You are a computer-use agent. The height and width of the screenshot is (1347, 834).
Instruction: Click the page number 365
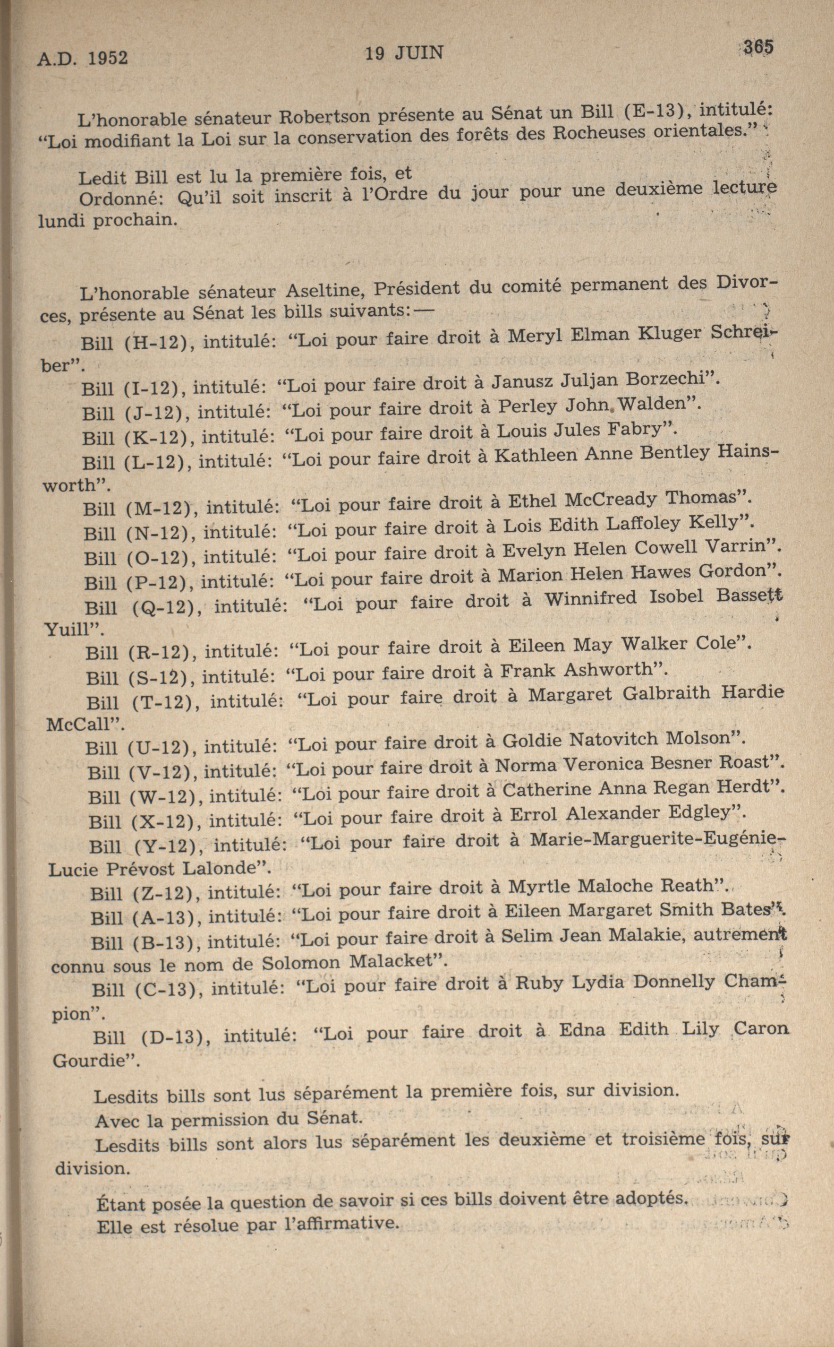tap(758, 47)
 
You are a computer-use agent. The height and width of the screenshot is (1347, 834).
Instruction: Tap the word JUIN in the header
tap(420, 53)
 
